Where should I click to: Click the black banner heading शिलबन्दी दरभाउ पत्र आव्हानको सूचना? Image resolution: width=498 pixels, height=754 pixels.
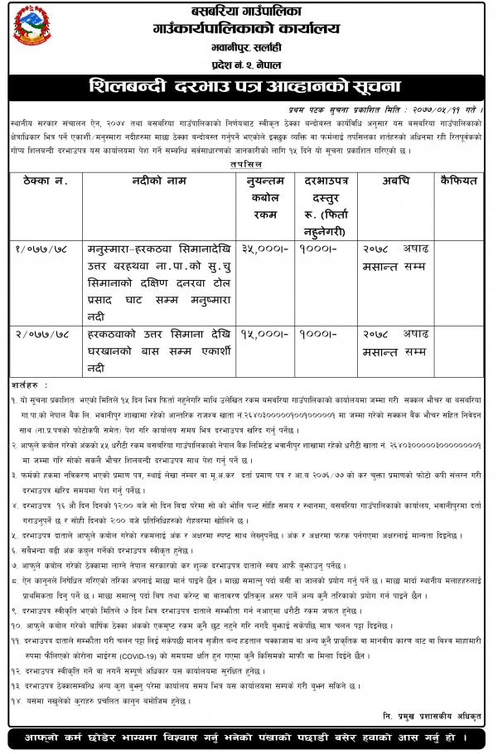coord(249,85)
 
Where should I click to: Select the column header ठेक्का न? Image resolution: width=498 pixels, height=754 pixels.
coord(45,180)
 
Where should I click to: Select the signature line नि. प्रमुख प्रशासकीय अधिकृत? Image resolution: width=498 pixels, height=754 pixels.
coord(431,713)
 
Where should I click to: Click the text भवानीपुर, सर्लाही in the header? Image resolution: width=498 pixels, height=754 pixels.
coord(249,50)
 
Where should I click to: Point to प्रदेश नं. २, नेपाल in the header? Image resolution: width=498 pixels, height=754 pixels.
coord(249,65)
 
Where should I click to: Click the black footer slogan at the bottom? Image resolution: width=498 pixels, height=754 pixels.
coord(249,737)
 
